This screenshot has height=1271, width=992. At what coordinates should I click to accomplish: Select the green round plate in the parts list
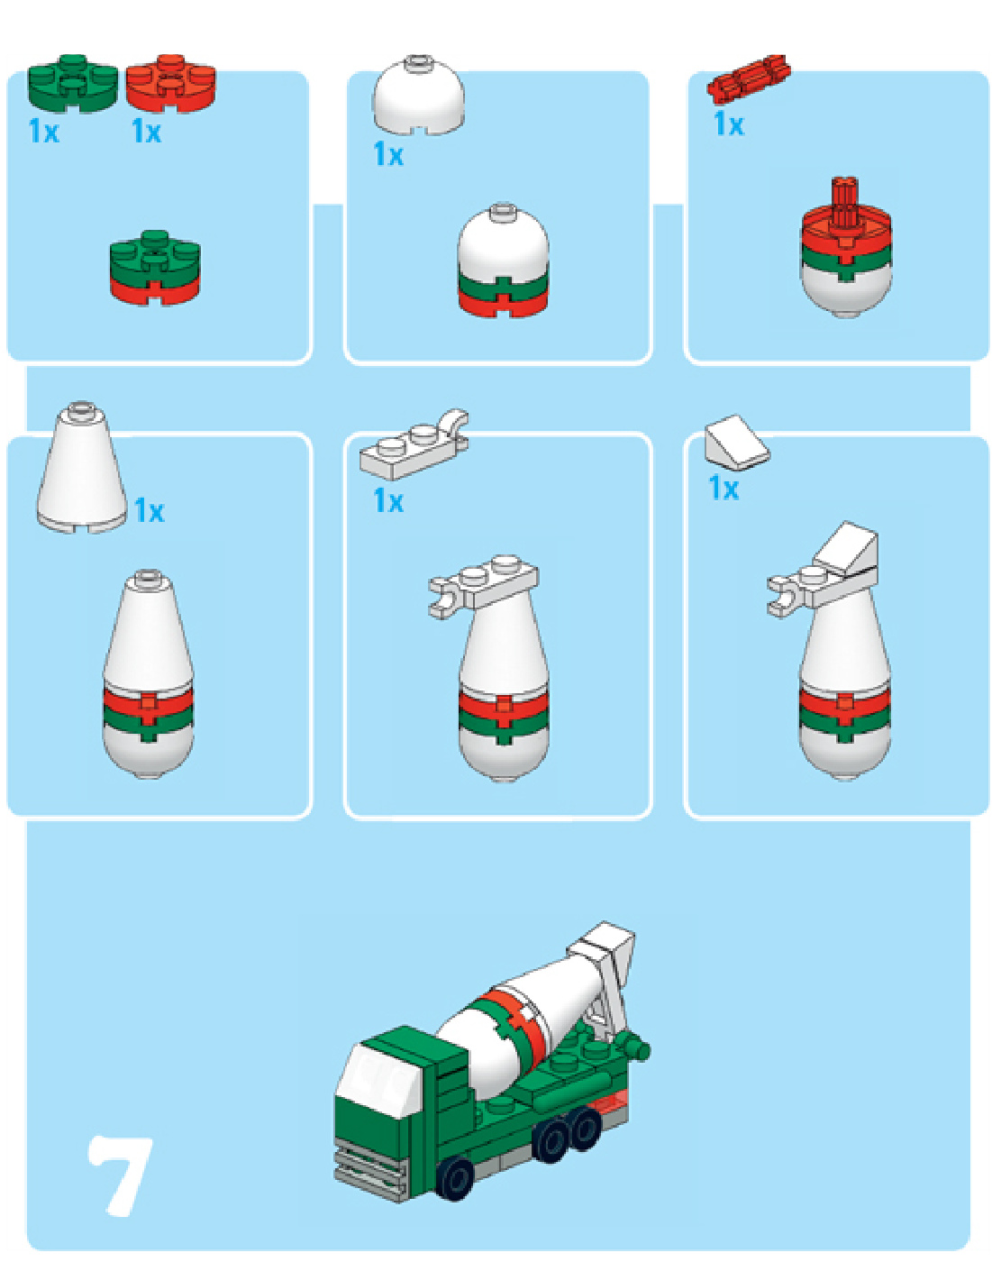click(x=72, y=83)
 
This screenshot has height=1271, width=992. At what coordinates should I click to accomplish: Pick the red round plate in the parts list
click(x=170, y=83)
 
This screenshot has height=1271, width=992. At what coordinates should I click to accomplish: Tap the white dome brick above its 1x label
click(x=419, y=96)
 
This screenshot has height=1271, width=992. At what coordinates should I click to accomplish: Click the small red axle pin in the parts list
click(x=749, y=78)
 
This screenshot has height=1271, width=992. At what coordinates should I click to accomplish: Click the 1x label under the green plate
click(x=43, y=132)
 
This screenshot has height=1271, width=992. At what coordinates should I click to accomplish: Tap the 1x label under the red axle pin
click(x=728, y=124)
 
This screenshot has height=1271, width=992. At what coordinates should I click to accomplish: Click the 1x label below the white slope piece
click(x=724, y=489)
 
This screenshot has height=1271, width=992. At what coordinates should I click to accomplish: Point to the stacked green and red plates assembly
click(x=155, y=269)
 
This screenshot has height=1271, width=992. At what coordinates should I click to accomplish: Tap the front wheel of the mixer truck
click(x=456, y=1178)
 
